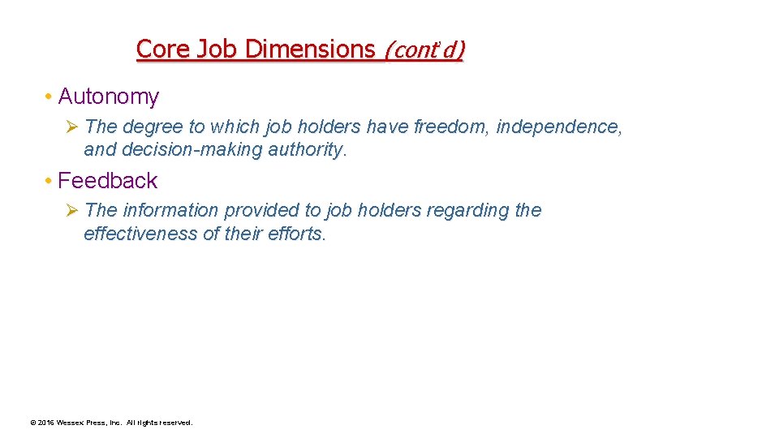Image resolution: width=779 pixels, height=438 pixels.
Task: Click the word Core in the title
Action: tap(160, 49)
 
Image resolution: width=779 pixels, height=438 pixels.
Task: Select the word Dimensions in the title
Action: tap(311, 49)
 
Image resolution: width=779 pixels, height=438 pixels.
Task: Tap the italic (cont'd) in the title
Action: tap(424, 49)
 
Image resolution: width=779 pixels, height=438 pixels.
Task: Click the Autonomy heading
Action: tap(109, 97)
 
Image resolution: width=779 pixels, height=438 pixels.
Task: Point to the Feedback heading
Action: tap(108, 180)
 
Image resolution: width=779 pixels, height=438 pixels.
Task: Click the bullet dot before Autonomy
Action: tap(49, 97)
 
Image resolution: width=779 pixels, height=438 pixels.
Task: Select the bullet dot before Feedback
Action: tap(49, 181)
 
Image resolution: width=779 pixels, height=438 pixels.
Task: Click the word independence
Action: tap(559, 127)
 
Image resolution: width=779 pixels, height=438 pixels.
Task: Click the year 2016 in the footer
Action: tap(45, 423)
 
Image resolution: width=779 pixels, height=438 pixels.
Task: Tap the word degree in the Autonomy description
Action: tap(153, 127)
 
